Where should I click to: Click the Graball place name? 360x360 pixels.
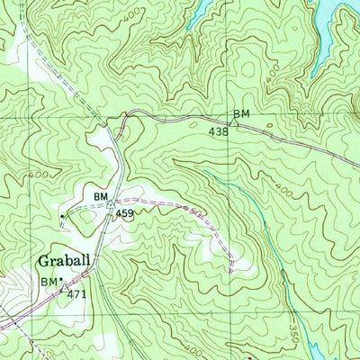click(x=64, y=262)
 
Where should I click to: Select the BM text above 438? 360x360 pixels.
click(x=240, y=113)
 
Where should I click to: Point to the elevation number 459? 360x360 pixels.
click(x=124, y=214)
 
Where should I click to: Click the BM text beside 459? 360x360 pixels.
click(x=101, y=194)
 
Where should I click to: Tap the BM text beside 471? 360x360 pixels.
click(x=49, y=282)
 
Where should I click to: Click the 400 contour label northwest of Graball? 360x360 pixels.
click(x=39, y=174)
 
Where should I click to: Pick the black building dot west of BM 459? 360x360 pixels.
click(x=61, y=216)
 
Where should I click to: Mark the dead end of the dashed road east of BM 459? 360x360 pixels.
click(x=233, y=265)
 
